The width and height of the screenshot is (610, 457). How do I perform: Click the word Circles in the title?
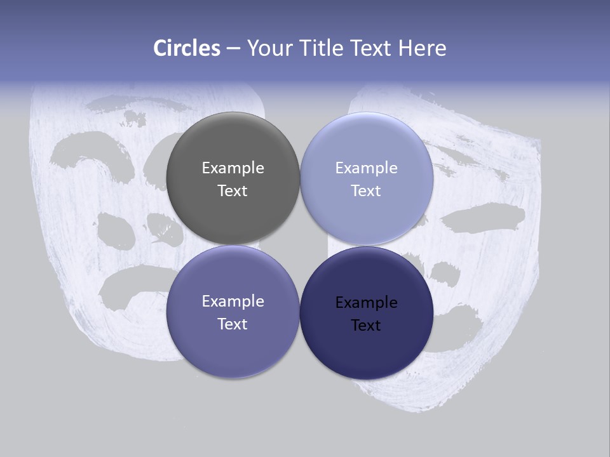point(187,48)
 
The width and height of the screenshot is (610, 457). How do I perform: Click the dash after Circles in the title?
point(233,49)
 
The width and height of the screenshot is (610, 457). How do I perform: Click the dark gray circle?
point(233,178)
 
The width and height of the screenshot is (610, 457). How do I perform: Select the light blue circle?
point(367,178)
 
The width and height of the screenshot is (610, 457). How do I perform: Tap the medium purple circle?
point(233,312)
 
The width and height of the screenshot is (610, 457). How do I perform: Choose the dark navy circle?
point(367,313)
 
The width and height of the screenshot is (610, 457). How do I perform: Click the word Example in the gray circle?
point(233,168)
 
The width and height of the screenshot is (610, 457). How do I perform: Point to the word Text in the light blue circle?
point(366,190)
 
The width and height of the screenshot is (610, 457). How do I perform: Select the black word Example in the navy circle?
point(366,302)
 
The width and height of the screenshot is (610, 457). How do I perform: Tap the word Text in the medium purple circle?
point(233,324)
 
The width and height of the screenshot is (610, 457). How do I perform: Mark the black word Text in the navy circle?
point(366,325)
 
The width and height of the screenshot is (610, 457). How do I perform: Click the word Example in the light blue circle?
point(366,168)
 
